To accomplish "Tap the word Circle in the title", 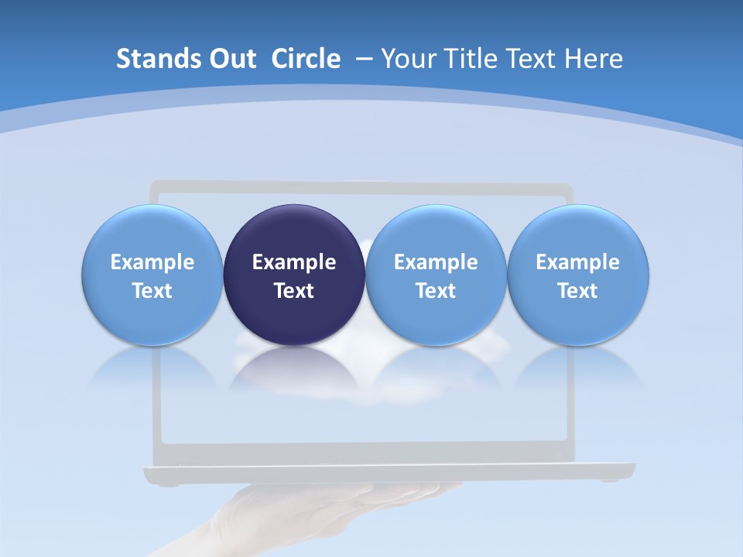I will (x=306, y=59).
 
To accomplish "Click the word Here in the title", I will (x=594, y=59).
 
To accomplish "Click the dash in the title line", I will (x=364, y=59).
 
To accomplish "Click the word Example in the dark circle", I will (x=294, y=262).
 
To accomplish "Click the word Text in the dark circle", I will (x=294, y=291).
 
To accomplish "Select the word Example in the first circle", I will (x=152, y=262).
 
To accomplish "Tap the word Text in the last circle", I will (x=578, y=291).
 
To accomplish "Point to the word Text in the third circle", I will (x=436, y=291).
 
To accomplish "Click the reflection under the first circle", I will (x=152, y=367).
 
